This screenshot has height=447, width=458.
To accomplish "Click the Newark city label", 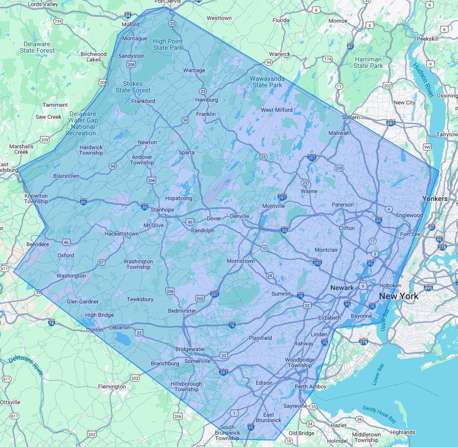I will click(x=342, y=288).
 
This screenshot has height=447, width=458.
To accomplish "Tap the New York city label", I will click(x=398, y=296).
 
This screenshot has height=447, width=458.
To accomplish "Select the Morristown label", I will click(x=241, y=261).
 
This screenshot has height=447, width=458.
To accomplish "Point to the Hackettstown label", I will click(x=121, y=234).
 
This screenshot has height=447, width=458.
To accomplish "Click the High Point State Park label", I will click(x=168, y=44).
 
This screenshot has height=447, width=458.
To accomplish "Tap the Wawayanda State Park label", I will click(x=267, y=82).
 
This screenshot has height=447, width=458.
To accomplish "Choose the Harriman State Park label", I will click(x=368, y=62).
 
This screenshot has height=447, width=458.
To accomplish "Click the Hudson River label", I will click(x=423, y=80).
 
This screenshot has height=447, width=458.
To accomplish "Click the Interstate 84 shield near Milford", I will click(x=128, y=15).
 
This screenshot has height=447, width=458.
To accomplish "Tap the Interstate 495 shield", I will click(x=429, y=288).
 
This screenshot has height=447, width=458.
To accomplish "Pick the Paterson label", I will click(x=343, y=205).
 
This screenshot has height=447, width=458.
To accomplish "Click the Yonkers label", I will click(x=435, y=199).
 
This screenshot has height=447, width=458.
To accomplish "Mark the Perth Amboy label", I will click(x=310, y=387).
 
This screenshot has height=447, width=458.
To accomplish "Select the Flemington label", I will click(x=112, y=387).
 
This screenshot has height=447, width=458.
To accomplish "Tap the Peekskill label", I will click(x=427, y=39).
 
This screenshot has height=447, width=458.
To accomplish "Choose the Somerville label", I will click(x=198, y=361).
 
